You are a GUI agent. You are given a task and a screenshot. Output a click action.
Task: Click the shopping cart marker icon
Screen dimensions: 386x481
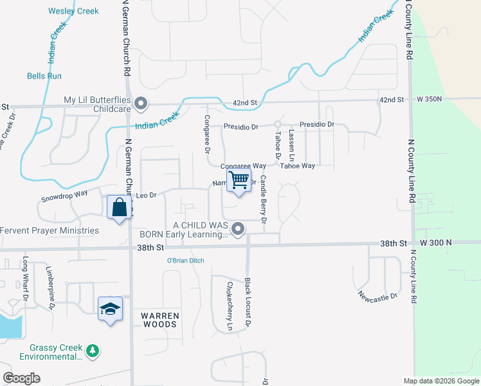pyautogui.click(x=239, y=180)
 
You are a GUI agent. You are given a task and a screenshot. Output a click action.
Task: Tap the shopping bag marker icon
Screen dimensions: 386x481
pyautogui.click(x=119, y=207)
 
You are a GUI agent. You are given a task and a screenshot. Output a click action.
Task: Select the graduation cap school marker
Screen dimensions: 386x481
pyautogui.click(x=110, y=309)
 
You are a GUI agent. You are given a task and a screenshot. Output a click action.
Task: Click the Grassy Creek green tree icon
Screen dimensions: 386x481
pyautogui.click(x=94, y=351)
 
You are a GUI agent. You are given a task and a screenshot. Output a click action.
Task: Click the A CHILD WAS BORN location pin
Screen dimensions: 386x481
pyautogui.click(x=239, y=228)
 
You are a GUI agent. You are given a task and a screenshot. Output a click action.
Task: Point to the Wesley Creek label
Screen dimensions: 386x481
pyautogui.click(x=73, y=11)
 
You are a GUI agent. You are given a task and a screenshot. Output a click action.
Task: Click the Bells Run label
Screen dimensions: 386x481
pyautogui.click(x=44, y=76)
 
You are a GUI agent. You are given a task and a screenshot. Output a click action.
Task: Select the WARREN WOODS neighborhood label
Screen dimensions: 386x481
pyautogui.click(x=159, y=320)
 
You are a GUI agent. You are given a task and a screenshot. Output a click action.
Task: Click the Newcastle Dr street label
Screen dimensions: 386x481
pyautogui.click(x=379, y=295)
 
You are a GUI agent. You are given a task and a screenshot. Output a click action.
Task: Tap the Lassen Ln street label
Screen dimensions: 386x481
pyautogui.click(x=291, y=145)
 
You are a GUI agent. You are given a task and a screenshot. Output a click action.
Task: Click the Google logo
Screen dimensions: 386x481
pyautogui.click(x=21, y=378)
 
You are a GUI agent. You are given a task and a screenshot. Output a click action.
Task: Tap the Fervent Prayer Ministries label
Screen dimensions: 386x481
pyautogui.click(x=50, y=230)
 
